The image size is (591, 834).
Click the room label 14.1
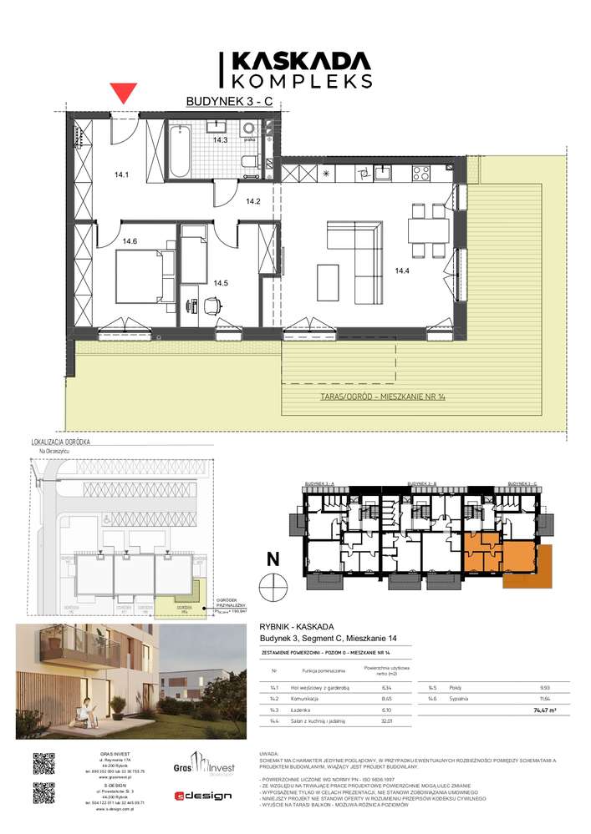point(122,175)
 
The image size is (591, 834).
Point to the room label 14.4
point(403,270)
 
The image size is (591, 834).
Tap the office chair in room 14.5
point(211,306)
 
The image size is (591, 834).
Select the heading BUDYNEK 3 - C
point(229,102)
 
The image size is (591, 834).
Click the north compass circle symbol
point(273,588)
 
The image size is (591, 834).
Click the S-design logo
point(203,796)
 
